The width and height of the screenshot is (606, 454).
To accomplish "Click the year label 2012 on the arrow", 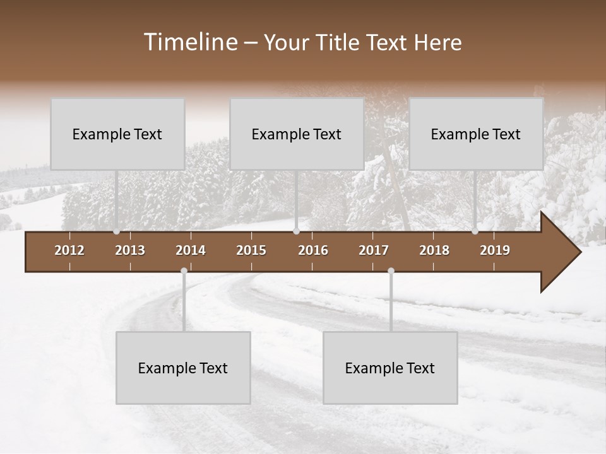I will point(69,250).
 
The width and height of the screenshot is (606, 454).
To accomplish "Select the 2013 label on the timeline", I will point(130,250).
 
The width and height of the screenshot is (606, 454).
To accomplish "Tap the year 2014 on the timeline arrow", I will point(191,250).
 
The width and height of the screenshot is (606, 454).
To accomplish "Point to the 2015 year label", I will point(251,250).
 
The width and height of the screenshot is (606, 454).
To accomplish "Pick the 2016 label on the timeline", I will point(313,250).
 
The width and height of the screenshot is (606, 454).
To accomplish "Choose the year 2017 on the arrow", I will point(374,250).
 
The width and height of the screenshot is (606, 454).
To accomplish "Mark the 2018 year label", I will point(434,250).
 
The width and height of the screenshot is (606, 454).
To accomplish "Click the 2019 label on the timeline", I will point(495,250).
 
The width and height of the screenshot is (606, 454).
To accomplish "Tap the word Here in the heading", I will point(437,42).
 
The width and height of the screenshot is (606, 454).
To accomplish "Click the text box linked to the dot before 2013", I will point(117,134).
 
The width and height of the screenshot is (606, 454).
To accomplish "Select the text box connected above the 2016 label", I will point(297,134).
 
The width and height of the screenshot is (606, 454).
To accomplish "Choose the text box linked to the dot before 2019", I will point(476,134).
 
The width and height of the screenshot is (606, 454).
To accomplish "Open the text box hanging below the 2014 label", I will point(183,368).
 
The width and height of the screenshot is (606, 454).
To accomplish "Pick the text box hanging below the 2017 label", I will point(390,368).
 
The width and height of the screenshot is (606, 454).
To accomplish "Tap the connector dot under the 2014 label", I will point(184,271).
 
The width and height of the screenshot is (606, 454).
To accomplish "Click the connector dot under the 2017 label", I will point(391,271).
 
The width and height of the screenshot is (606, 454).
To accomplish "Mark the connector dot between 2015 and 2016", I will point(296,231).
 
